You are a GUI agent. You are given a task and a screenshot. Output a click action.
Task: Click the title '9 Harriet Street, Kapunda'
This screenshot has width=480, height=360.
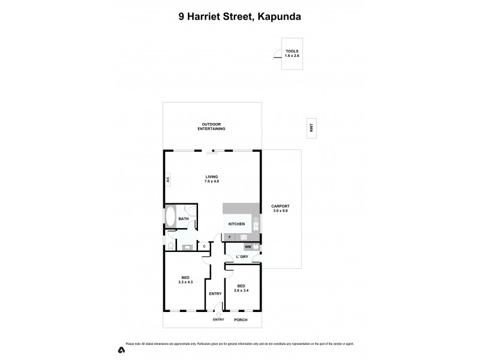tap(240, 17)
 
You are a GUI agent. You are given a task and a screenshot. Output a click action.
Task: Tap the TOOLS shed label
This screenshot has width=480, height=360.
tap(292, 53)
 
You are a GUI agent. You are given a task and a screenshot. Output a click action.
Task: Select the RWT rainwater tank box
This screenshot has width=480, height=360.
tap(311, 127)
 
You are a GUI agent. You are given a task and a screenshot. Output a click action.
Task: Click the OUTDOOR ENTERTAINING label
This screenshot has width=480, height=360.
tap(213, 127)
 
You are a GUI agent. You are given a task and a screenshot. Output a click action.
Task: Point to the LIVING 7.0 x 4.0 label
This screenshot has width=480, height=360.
tap(212, 179)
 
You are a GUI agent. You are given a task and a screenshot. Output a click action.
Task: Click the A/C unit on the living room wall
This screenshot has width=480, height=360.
tap(169, 179)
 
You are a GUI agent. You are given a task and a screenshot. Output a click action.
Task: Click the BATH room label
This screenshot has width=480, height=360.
tap(184, 219)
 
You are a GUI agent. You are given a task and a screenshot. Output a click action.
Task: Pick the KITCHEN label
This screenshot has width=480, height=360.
tap(236, 224)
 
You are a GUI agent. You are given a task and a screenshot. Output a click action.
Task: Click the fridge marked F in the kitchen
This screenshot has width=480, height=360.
tap(230, 237)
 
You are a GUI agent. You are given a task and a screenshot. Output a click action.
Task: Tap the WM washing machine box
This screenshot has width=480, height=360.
tap(247, 247)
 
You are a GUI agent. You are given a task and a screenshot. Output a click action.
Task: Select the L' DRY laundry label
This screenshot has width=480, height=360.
tap(242, 257)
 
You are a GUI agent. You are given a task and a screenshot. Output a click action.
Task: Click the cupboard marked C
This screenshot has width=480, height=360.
tap(204, 246)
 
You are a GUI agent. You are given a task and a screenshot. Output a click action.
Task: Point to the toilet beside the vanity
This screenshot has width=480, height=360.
tap(170, 246)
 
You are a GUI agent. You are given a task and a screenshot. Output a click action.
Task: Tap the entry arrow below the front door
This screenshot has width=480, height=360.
tap(218, 314)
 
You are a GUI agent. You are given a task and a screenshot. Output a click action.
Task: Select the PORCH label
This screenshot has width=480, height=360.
tap(241, 320)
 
